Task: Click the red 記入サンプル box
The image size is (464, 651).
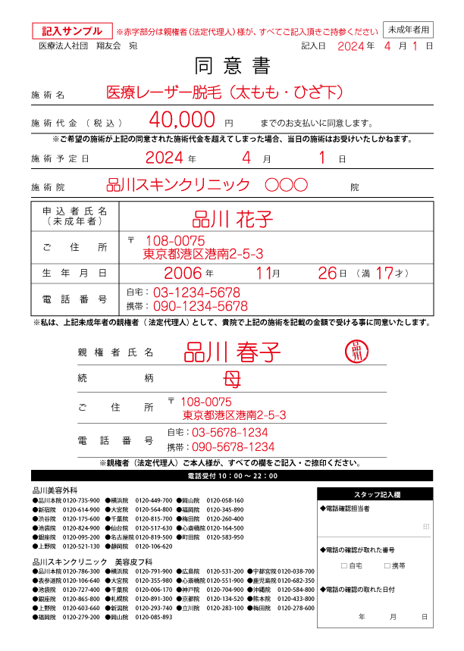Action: (72, 31)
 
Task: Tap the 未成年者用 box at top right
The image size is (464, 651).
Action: (409, 30)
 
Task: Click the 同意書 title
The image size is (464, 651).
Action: (232, 66)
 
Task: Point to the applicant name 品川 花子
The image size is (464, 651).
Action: (233, 220)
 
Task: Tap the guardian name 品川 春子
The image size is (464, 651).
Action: (232, 352)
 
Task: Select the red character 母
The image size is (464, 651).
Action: (231, 377)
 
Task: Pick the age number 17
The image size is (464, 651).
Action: (384, 273)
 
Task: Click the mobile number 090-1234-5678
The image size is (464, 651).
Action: (200, 306)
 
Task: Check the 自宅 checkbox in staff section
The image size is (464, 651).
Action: (344, 565)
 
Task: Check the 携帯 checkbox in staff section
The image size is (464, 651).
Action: (387, 565)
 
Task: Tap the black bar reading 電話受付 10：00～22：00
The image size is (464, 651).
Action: (232, 476)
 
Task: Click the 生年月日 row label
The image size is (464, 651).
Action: (74, 273)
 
